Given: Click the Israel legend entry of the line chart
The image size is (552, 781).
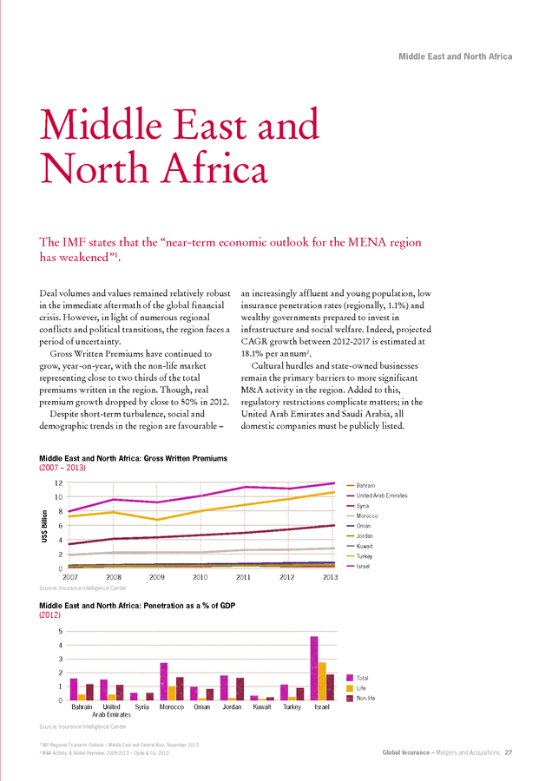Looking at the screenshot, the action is (358, 567).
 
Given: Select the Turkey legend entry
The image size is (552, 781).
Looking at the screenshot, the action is (359, 556).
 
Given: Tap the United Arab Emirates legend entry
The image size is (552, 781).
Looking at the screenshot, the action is (377, 496).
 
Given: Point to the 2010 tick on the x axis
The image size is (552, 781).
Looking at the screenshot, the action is (200, 577).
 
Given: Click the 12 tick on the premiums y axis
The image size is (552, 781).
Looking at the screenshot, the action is (59, 482).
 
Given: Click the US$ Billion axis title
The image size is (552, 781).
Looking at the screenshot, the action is (45, 526).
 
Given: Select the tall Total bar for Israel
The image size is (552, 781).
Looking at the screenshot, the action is (314, 668).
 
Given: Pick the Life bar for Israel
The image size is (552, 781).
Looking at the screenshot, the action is (322, 681).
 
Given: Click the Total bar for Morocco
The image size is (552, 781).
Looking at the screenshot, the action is (164, 681).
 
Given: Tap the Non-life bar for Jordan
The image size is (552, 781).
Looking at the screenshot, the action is (240, 689).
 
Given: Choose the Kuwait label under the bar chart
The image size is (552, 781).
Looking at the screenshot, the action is (261, 706).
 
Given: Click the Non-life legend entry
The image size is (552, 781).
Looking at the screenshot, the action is (361, 699).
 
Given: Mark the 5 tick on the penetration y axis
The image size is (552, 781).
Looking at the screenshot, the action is (61, 631).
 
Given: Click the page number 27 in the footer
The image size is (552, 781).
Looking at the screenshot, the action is (508, 752).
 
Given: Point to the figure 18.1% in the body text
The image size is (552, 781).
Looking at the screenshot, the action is (252, 354).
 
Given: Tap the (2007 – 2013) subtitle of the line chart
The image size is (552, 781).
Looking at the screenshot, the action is (62, 468).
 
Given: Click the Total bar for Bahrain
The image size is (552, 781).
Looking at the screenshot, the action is (74, 689).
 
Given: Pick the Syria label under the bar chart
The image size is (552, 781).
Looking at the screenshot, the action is (142, 706).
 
